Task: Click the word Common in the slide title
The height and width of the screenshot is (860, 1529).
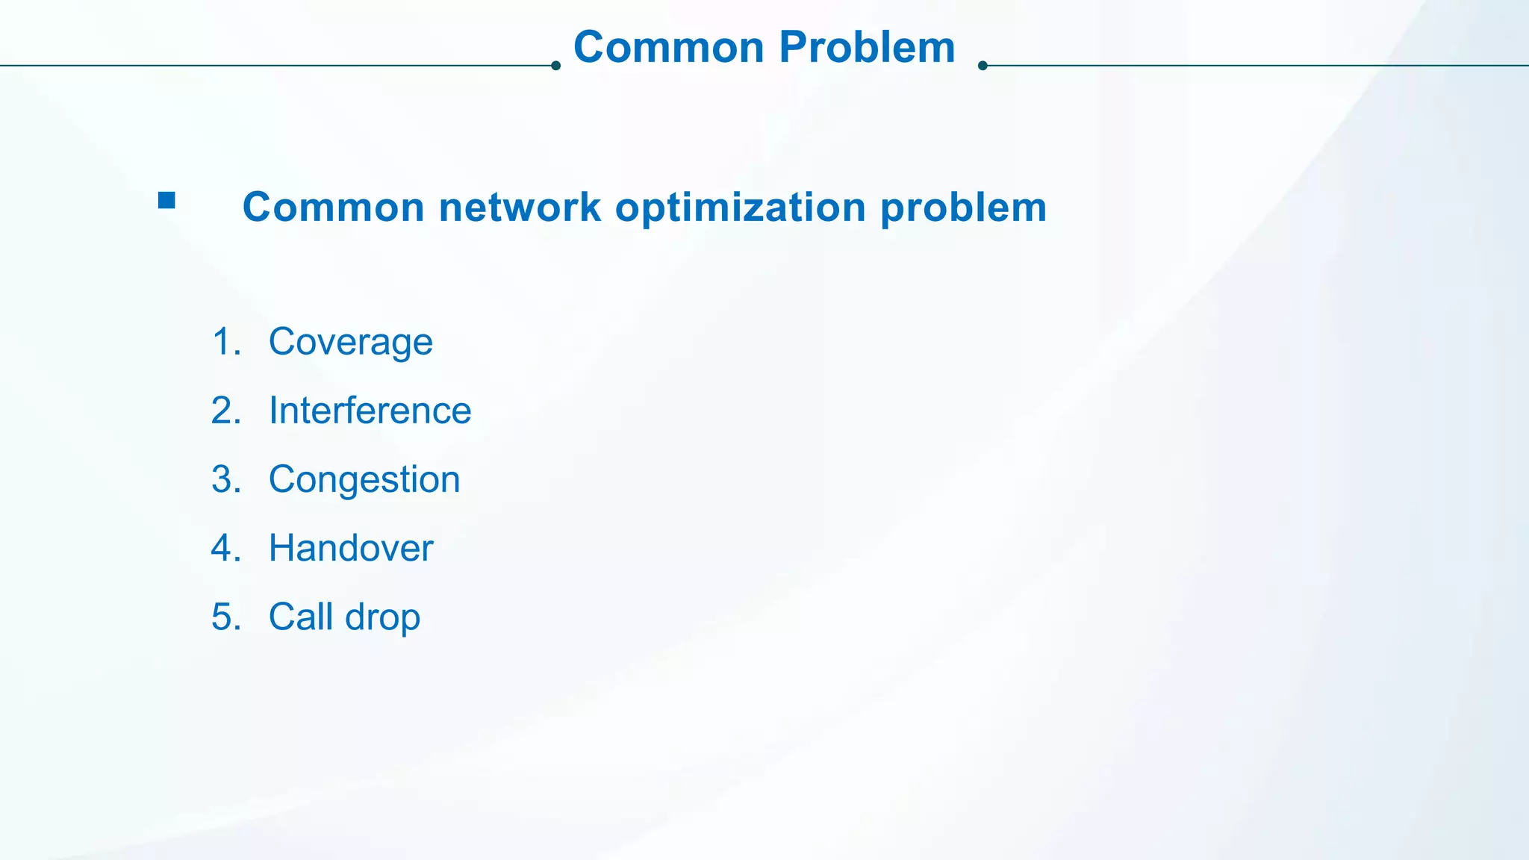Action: pyautogui.click(x=668, y=48)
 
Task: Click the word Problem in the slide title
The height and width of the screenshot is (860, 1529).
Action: pyautogui.click(x=867, y=48)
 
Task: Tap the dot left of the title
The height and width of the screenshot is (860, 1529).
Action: pyautogui.click(x=555, y=66)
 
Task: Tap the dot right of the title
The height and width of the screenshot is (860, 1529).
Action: pyautogui.click(x=983, y=66)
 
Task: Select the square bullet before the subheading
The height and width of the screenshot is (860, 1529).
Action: pyautogui.click(x=166, y=200)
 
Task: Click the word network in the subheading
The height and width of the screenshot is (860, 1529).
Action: pyautogui.click(x=520, y=207)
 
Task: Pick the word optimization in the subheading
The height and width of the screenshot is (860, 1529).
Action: pyautogui.click(x=740, y=207)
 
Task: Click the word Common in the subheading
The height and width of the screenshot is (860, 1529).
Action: pyautogui.click(x=333, y=207)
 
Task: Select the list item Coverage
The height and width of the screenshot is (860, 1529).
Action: pyautogui.click(x=350, y=343)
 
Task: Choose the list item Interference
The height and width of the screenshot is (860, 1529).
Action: pyautogui.click(x=370, y=411)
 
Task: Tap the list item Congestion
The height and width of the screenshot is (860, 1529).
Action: pyautogui.click(x=364, y=480)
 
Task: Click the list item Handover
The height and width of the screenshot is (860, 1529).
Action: pyautogui.click(x=351, y=548)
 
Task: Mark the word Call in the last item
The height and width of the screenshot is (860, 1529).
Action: pyautogui.click(x=300, y=617)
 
